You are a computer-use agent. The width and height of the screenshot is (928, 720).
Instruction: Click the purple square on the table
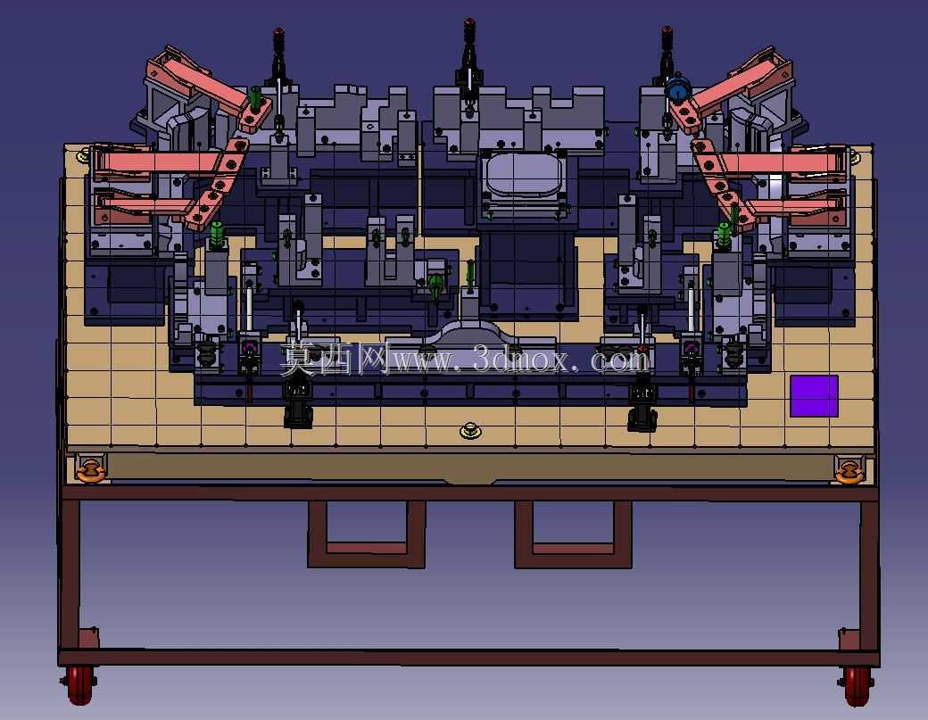pos(815,396)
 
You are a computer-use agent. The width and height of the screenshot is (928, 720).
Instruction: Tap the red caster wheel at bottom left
pos(80,685)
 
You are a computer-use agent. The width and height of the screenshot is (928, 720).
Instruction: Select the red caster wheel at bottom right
pos(857,686)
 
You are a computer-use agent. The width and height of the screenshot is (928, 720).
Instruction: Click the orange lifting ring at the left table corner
pos(90,470)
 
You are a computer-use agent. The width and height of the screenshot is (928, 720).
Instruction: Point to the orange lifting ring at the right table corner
pos(849,471)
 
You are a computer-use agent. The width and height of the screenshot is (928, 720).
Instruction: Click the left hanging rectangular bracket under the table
pos(367,534)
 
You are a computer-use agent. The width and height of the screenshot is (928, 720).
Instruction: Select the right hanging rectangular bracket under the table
pos(573,534)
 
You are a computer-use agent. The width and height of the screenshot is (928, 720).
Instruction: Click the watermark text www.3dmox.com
pos(522,360)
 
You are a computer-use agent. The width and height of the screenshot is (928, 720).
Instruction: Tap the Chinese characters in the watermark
pos(335,358)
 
